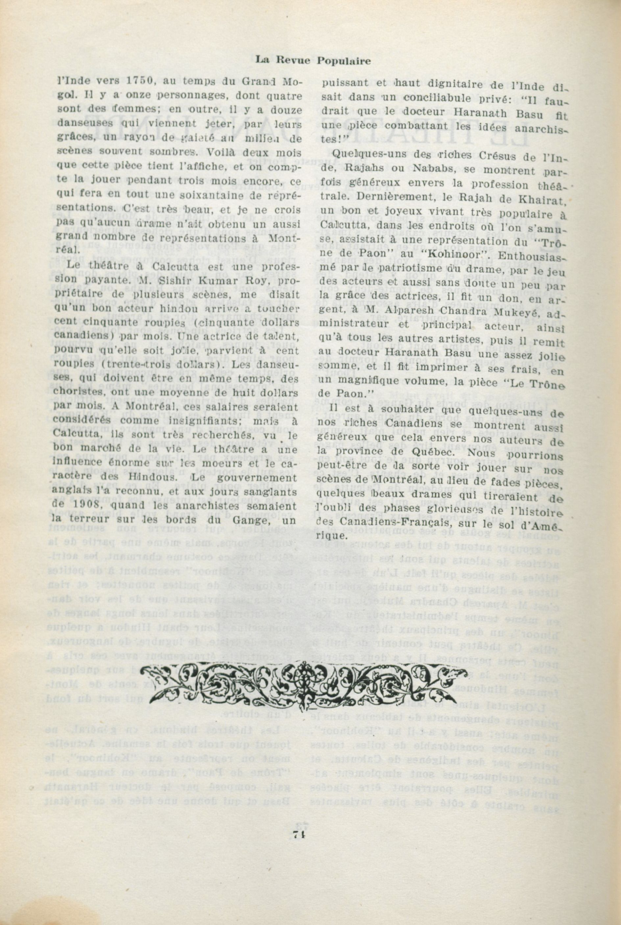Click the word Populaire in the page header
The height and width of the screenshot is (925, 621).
(344, 60)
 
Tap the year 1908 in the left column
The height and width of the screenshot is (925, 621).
(83, 506)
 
